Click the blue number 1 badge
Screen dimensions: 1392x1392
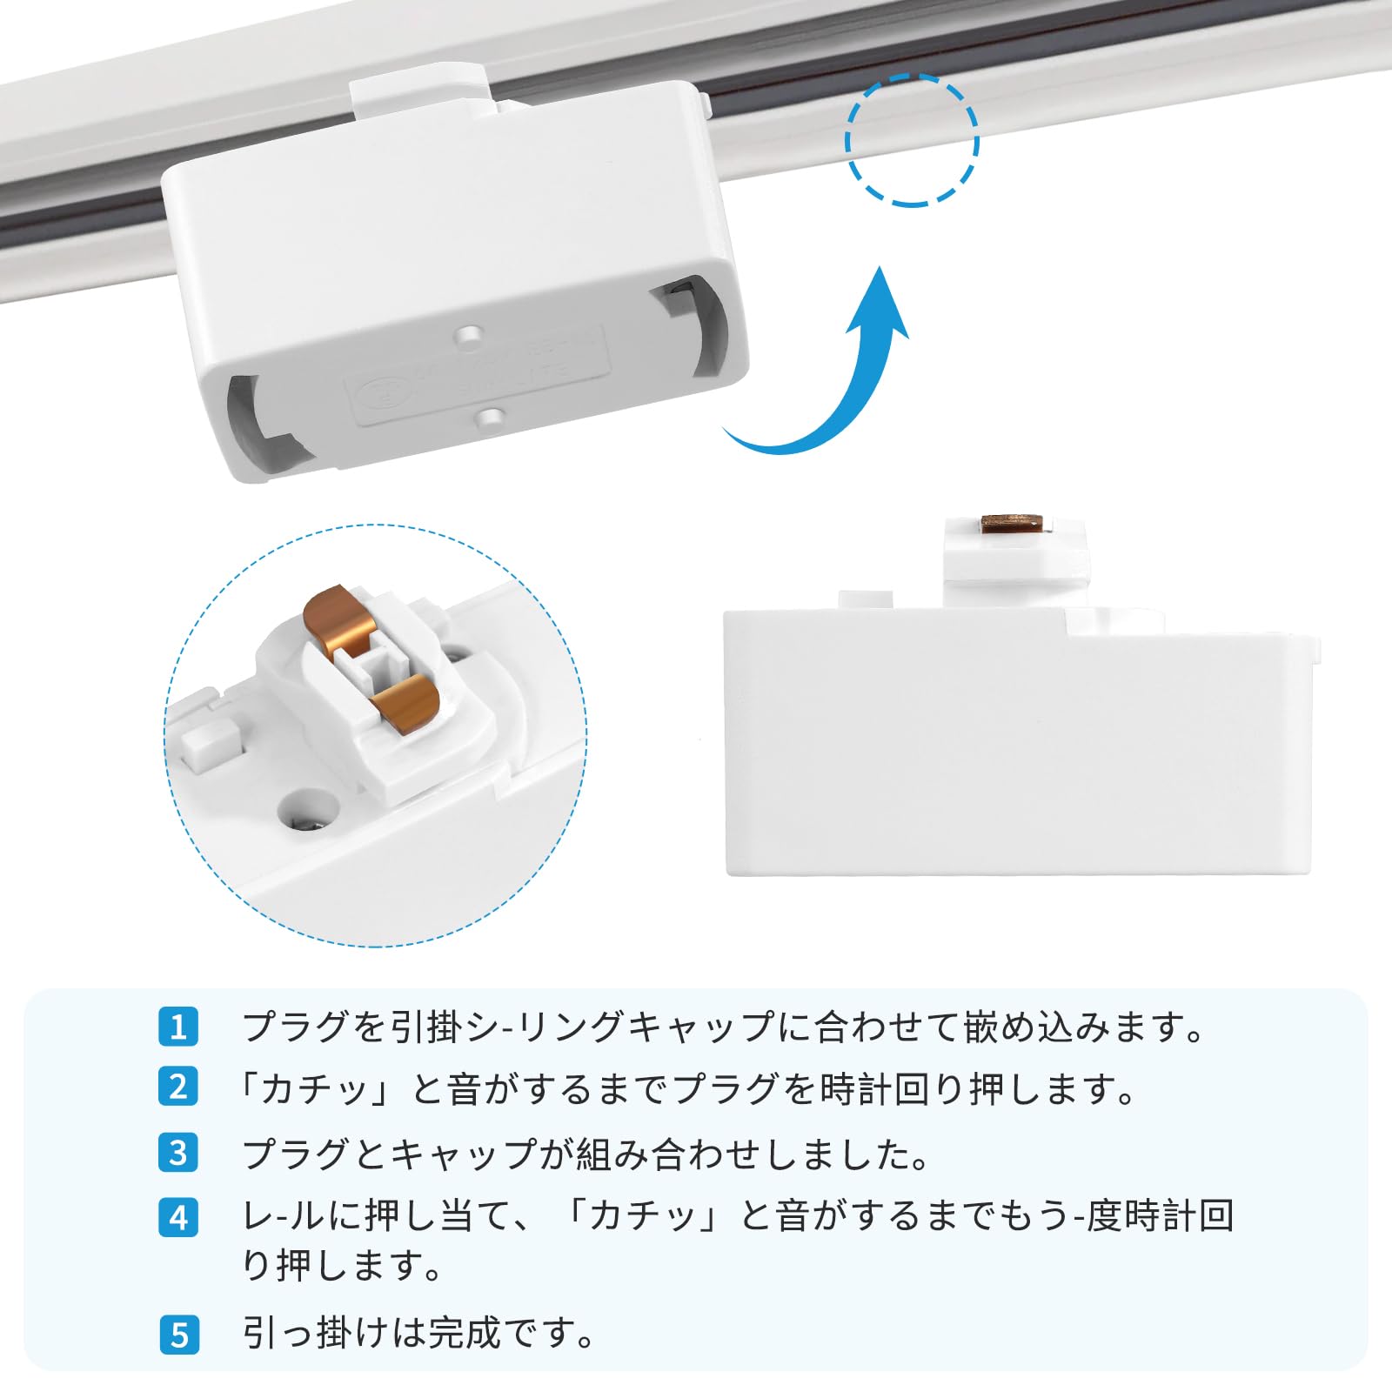click(x=178, y=1027)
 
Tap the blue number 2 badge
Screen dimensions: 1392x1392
click(x=178, y=1087)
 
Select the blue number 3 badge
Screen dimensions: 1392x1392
click(x=178, y=1153)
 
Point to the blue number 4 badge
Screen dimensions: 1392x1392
click(x=178, y=1217)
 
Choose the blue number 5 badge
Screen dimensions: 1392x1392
click(x=178, y=1335)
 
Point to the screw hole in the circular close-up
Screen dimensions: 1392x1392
click(x=307, y=809)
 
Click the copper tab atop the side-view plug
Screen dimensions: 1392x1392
click(x=1012, y=523)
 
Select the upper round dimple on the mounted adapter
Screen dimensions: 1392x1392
click(x=470, y=334)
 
